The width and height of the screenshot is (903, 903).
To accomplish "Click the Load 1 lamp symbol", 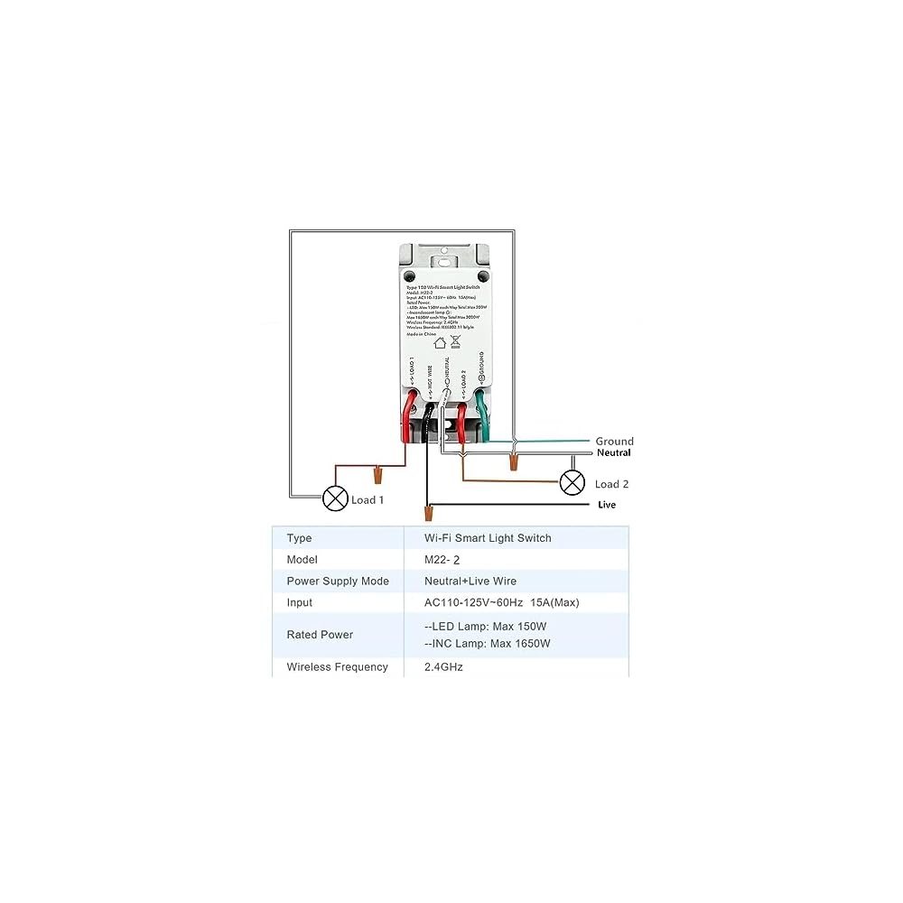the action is [336, 498].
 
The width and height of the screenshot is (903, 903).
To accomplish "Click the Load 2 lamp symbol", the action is [573, 482].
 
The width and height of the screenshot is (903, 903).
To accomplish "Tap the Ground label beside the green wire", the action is [614, 442].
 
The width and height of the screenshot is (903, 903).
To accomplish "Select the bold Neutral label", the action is [613, 452].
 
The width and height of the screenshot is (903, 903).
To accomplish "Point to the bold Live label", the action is [607, 505].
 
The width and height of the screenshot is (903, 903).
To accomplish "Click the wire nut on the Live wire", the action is [428, 515].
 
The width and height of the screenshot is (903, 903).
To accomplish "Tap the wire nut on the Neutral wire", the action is [514, 462].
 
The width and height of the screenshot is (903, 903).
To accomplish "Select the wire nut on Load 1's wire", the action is [377, 472].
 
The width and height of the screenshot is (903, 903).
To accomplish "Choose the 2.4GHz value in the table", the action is [443, 667].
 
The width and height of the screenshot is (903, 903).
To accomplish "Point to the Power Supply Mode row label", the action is [338, 581].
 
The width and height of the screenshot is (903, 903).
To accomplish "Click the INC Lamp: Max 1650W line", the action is [488, 644].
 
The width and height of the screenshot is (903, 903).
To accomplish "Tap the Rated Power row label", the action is [320, 635].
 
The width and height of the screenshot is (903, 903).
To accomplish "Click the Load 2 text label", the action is [611, 484].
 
